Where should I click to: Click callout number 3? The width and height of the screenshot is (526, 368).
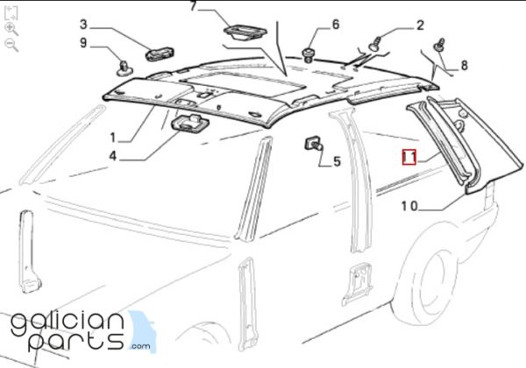[x=83, y=25]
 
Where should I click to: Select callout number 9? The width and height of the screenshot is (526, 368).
[x=83, y=43]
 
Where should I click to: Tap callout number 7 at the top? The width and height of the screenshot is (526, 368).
[x=193, y=5]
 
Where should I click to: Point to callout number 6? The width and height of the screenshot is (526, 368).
[x=335, y=25]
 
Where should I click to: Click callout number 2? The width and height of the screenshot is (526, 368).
[x=420, y=25]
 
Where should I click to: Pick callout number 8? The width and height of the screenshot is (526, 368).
[x=464, y=65]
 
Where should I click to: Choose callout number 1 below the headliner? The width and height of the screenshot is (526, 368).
[x=113, y=137]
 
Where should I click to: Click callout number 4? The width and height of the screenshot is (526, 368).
[x=113, y=156]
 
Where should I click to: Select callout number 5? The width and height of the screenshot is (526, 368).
[x=337, y=161]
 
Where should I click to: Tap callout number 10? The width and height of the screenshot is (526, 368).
[x=409, y=206]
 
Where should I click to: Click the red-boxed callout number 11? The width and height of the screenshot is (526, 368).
[x=409, y=157]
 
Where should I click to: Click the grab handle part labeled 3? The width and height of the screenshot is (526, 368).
[x=160, y=54]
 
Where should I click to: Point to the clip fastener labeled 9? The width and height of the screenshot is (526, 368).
[x=124, y=68]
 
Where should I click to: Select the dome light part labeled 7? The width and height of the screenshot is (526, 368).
[x=245, y=32]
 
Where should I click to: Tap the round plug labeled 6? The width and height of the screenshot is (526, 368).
[x=308, y=55]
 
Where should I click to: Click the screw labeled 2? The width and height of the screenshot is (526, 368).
[x=375, y=44]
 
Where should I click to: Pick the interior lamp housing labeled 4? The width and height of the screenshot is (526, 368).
[x=190, y=123]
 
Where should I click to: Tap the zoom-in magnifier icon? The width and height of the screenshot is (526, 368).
[x=11, y=29]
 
